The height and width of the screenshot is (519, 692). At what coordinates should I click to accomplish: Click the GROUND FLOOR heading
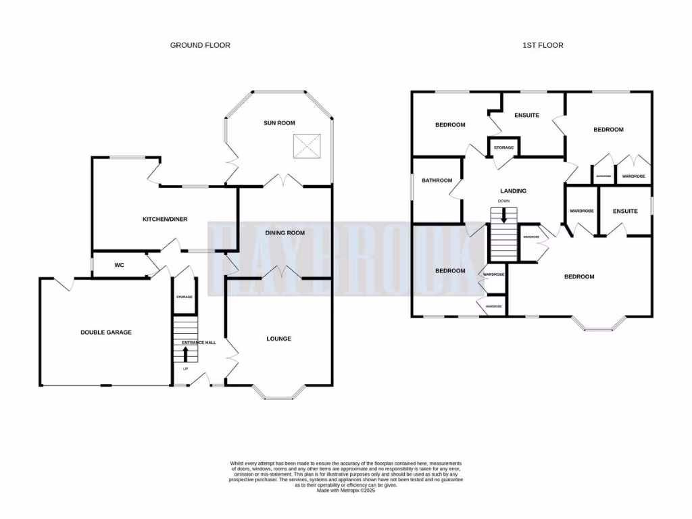(x=199, y=45)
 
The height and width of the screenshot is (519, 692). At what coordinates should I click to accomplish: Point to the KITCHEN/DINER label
(x=164, y=219)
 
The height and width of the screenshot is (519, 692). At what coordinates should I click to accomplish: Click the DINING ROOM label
(x=285, y=232)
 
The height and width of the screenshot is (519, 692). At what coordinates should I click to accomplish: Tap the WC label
(x=119, y=265)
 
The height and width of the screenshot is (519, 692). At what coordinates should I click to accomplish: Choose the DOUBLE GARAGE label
(x=105, y=332)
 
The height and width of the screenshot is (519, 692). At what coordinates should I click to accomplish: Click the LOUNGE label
(x=278, y=339)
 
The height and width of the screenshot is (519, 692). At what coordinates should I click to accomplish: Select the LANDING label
(x=513, y=191)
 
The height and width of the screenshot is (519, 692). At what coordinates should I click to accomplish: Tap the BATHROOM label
(x=437, y=180)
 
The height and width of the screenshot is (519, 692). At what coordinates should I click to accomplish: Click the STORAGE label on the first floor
(x=503, y=147)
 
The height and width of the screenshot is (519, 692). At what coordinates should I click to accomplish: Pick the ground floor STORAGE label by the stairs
(x=184, y=297)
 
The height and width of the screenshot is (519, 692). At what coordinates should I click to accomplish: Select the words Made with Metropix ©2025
(x=346, y=491)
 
